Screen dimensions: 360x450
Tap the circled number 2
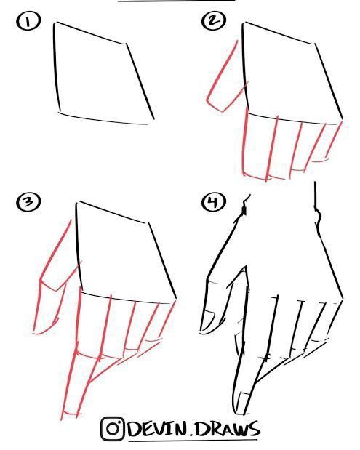point(214,21)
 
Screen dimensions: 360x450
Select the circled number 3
point(28,202)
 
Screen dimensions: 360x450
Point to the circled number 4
point(214,202)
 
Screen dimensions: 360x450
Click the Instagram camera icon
point(113,429)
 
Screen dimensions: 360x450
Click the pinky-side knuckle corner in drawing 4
point(343,299)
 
